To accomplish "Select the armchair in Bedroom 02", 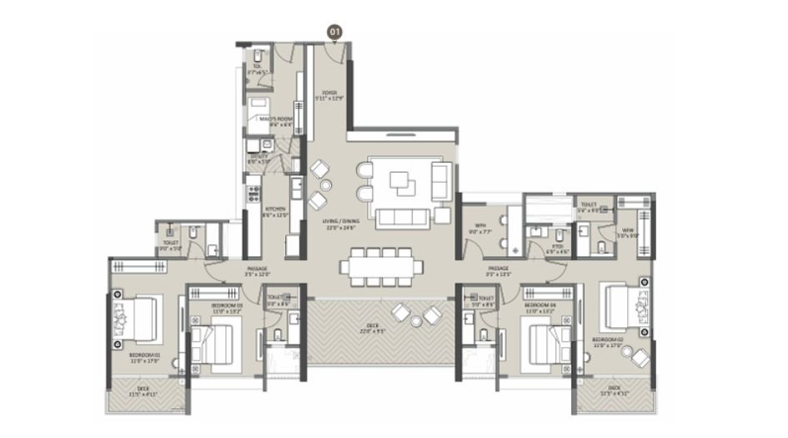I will click(x=640, y=357).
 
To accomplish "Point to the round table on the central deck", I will click(x=414, y=314).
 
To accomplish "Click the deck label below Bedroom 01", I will click(x=144, y=390).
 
